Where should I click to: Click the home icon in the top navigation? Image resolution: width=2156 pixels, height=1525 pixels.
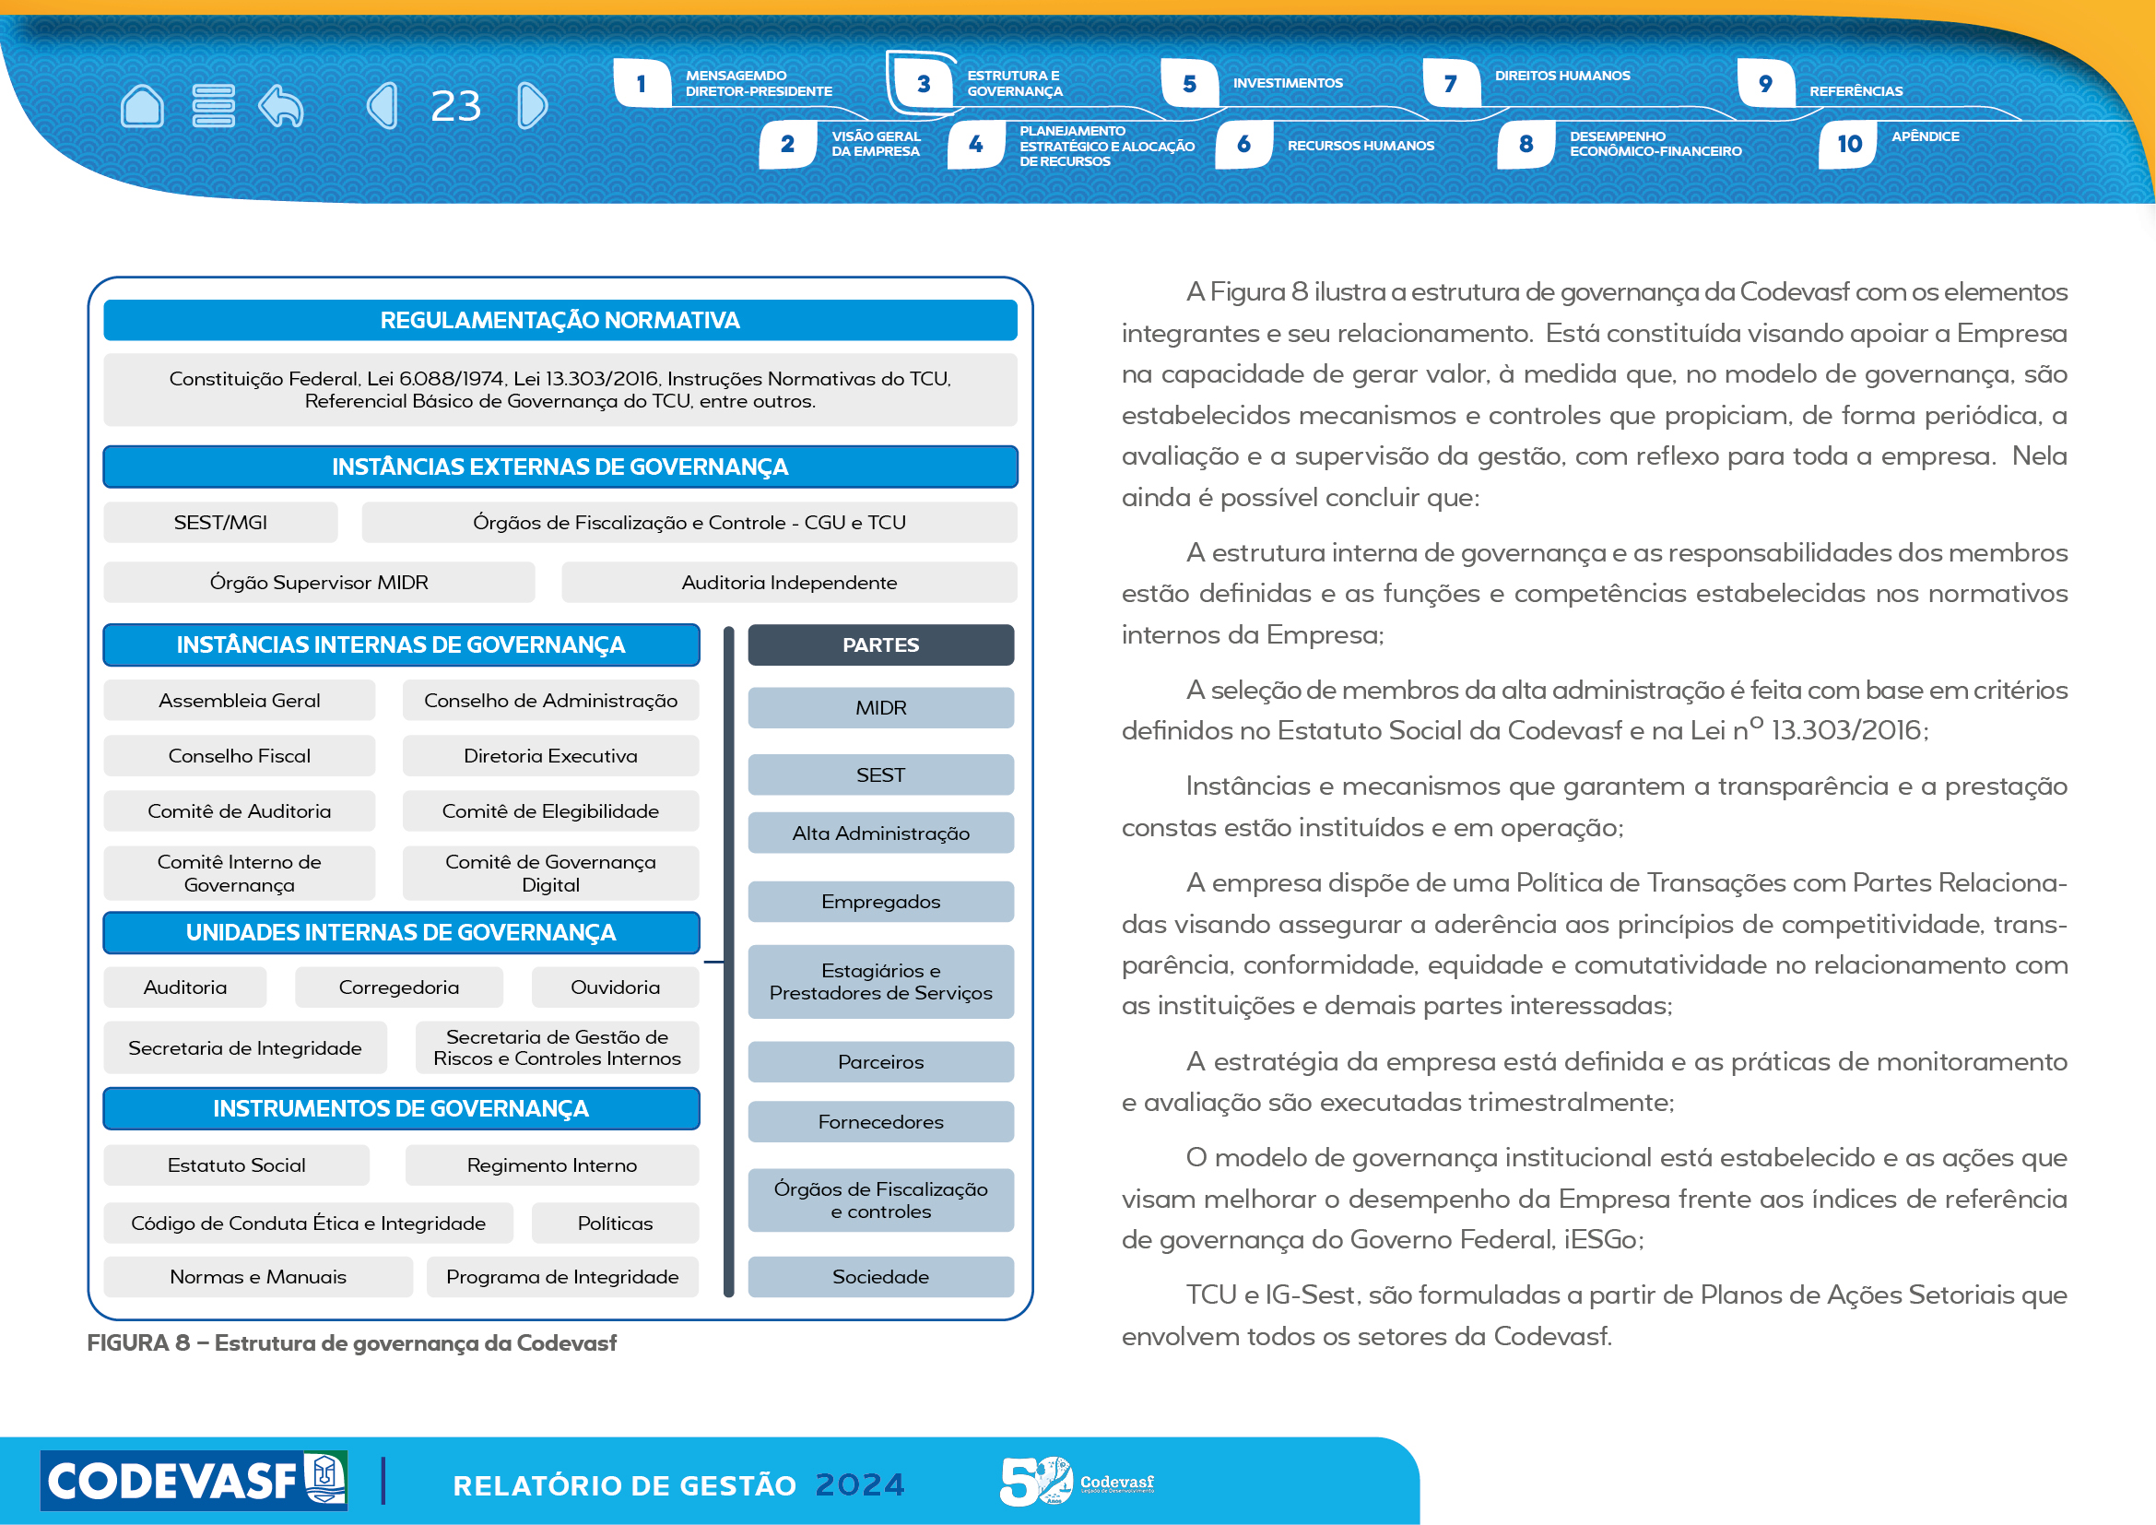pyautogui.click(x=143, y=105)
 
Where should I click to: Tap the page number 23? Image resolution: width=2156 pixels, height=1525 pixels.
pyautogui.click(x=455, y=106)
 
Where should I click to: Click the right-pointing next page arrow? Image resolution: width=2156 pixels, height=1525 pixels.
pyautogui.click(x=532, y=105)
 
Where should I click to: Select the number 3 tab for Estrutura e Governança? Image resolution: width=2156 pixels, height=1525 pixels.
pyautogui.click(x=924, y=84)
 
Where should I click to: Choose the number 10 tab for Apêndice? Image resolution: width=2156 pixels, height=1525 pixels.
pyautogui.click(x=1849, y=145)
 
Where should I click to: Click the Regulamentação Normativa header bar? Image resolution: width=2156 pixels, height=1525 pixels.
pyautogui.click(x=560, y=320)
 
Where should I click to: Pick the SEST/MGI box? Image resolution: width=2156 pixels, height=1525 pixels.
pyautogui.click(x=220, y=522)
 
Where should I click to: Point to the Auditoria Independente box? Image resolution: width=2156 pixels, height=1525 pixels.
pyautogui.click(x=789, y=582)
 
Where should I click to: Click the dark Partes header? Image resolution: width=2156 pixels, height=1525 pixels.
pyautogui.click(x=880, y=645)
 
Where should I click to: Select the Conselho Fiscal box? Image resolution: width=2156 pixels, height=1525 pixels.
pyautogui.click(x=240, y=756)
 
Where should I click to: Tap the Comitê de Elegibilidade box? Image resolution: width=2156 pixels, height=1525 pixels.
pyautogui.click(x=550, y=811)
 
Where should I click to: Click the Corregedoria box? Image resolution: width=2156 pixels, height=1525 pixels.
pyautogui.click(x=399, y=987)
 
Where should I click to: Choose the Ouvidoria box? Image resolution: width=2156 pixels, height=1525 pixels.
pyautogui.click(x=615, y=987)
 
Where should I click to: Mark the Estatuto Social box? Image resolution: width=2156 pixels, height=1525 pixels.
pyautogui.click(x=237, y=1165)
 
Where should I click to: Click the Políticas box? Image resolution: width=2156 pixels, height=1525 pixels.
pyautogui.click(x=615, y=1224)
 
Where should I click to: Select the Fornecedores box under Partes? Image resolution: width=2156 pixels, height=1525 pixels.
pyautogui.click(x=880, y=1122)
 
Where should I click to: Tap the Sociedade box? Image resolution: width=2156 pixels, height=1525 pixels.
pyautogui.click(x=880, y=1277)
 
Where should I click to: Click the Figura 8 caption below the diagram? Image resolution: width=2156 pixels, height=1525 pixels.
pyautogui.click(x=352, y=1342)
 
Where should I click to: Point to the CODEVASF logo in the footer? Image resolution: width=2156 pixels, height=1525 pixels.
pyautogui.click(x=194, y=1481)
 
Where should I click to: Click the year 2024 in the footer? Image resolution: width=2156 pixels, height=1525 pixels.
pyautogui.click(x=859, y=1484)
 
